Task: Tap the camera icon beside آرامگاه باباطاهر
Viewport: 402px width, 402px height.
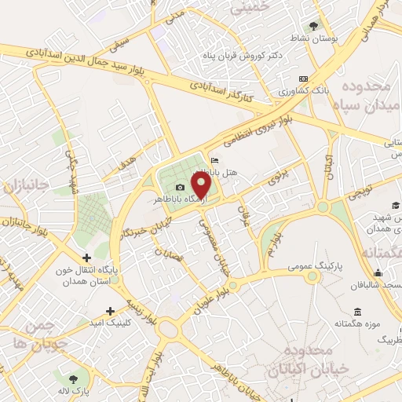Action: tap(181, 188)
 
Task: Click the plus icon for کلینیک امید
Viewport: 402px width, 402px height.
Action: tap(110, 310)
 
